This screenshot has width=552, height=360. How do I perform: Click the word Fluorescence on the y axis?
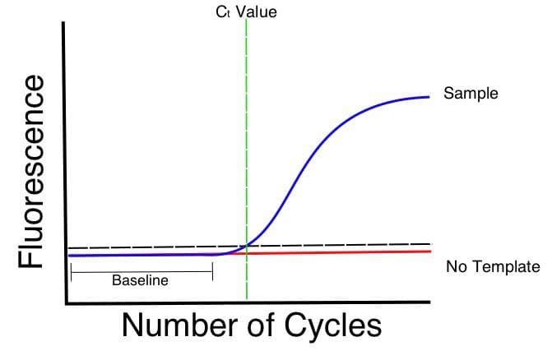pyautogui.click(x=31, y=172)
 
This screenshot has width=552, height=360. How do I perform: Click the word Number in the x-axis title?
pyautogui.click(x=179, y=325)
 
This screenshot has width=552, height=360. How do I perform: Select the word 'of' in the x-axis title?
pyautogui.click(x=261, y=325)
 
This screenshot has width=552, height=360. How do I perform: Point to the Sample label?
pyautogui.click(x=471, y=94)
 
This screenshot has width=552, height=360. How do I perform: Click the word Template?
pyautogui.click(x=505, y=267)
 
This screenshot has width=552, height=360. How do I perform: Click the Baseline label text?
pyautogui.click(x=140, y=280)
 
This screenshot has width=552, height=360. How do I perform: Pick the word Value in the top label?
pyautogui.click(x=257, y=12)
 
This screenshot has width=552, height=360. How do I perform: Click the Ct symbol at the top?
pyautogui.click(x=223, y=12)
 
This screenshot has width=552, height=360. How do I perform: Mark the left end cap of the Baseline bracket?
pyautogui.click(x=71, y=272)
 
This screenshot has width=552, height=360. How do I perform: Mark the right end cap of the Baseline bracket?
pyautogui.click(x=212, y=272)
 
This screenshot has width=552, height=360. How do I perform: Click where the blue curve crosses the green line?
pyautogui.click(x=247, y=245)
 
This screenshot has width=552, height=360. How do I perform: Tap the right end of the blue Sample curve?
pyautogui.click(x=429, y=97)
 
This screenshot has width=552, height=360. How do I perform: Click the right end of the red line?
pyautogui.click(x=430, y=252)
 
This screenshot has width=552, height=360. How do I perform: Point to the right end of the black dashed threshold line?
pyautogui.click(x=430, y=243)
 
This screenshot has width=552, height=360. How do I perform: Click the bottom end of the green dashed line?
pyautogui.click(x=247, y=299)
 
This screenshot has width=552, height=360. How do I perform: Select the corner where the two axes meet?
pyautogui.click(x=67, y=303)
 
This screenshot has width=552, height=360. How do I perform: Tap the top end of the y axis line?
pyautogui.click(x=63, y=22)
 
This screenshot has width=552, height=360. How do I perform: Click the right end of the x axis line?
pyautogui.click(x=430, y=302)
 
